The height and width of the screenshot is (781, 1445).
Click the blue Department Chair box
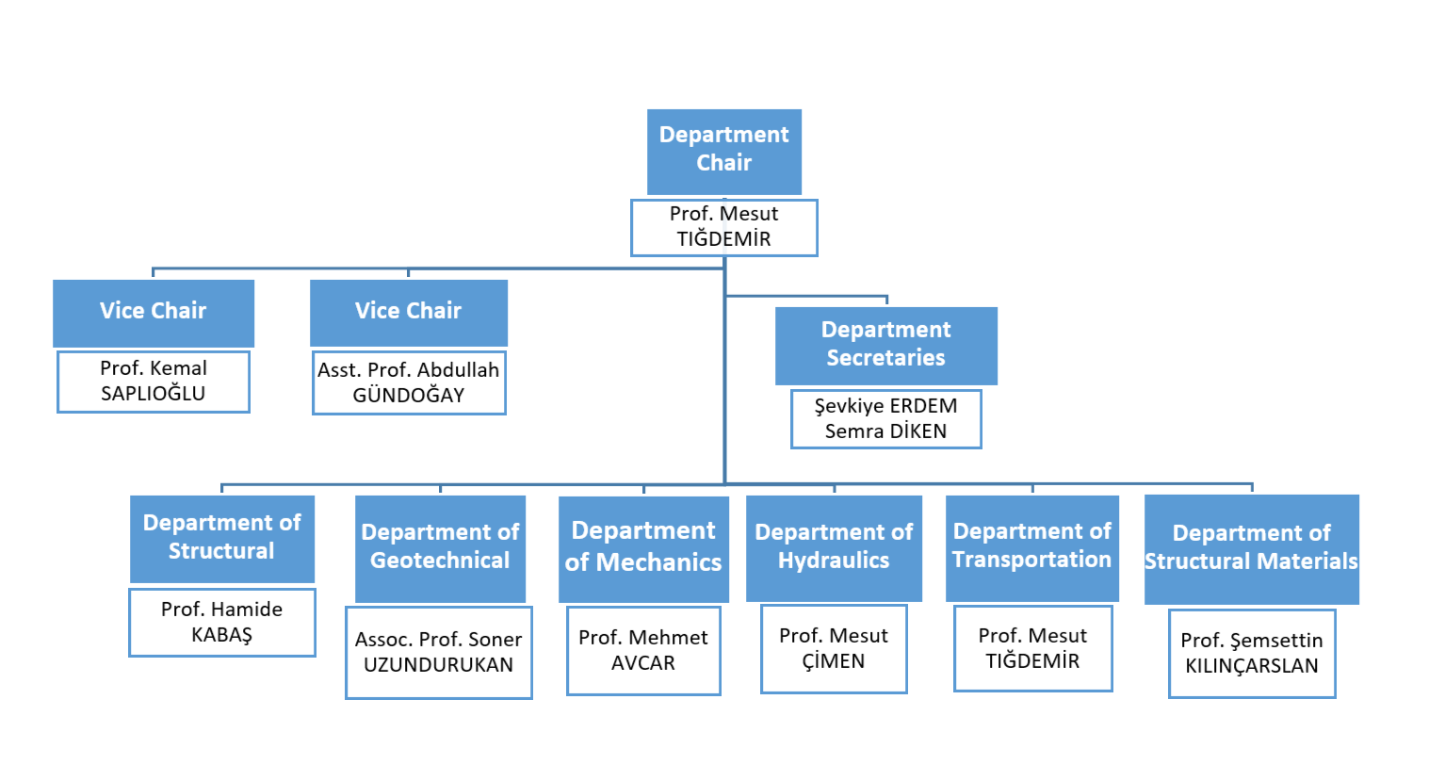[723, 151]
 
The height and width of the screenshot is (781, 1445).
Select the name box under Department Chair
[723, 227]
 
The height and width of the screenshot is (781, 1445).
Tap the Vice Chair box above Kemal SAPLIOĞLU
[154, 312]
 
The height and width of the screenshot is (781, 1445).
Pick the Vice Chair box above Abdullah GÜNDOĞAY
[408, 312]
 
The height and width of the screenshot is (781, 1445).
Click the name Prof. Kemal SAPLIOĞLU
[154, 381]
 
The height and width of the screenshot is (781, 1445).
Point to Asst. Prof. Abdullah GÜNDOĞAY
[409, 382]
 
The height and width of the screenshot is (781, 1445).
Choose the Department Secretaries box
[885, 345]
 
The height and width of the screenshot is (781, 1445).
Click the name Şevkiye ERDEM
[885, 406]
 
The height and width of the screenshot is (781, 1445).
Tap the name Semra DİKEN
[885, 431]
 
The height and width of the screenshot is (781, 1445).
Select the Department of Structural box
[221, 538]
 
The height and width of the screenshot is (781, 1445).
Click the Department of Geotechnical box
[440, 548]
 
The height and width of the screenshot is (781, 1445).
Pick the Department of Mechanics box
[643, 548]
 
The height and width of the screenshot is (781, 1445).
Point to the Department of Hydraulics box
[834, 547]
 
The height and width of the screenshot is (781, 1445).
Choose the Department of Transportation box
[1031, 547]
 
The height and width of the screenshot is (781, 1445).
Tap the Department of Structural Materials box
[1251, 548]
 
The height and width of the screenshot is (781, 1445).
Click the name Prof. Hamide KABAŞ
[221, 622]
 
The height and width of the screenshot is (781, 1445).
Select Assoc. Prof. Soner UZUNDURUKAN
[439, 652]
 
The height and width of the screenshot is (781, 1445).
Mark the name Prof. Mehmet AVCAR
[643, 650]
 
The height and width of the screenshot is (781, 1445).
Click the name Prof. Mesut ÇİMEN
[834, 648]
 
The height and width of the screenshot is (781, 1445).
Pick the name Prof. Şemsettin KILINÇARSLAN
[1252, 653]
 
